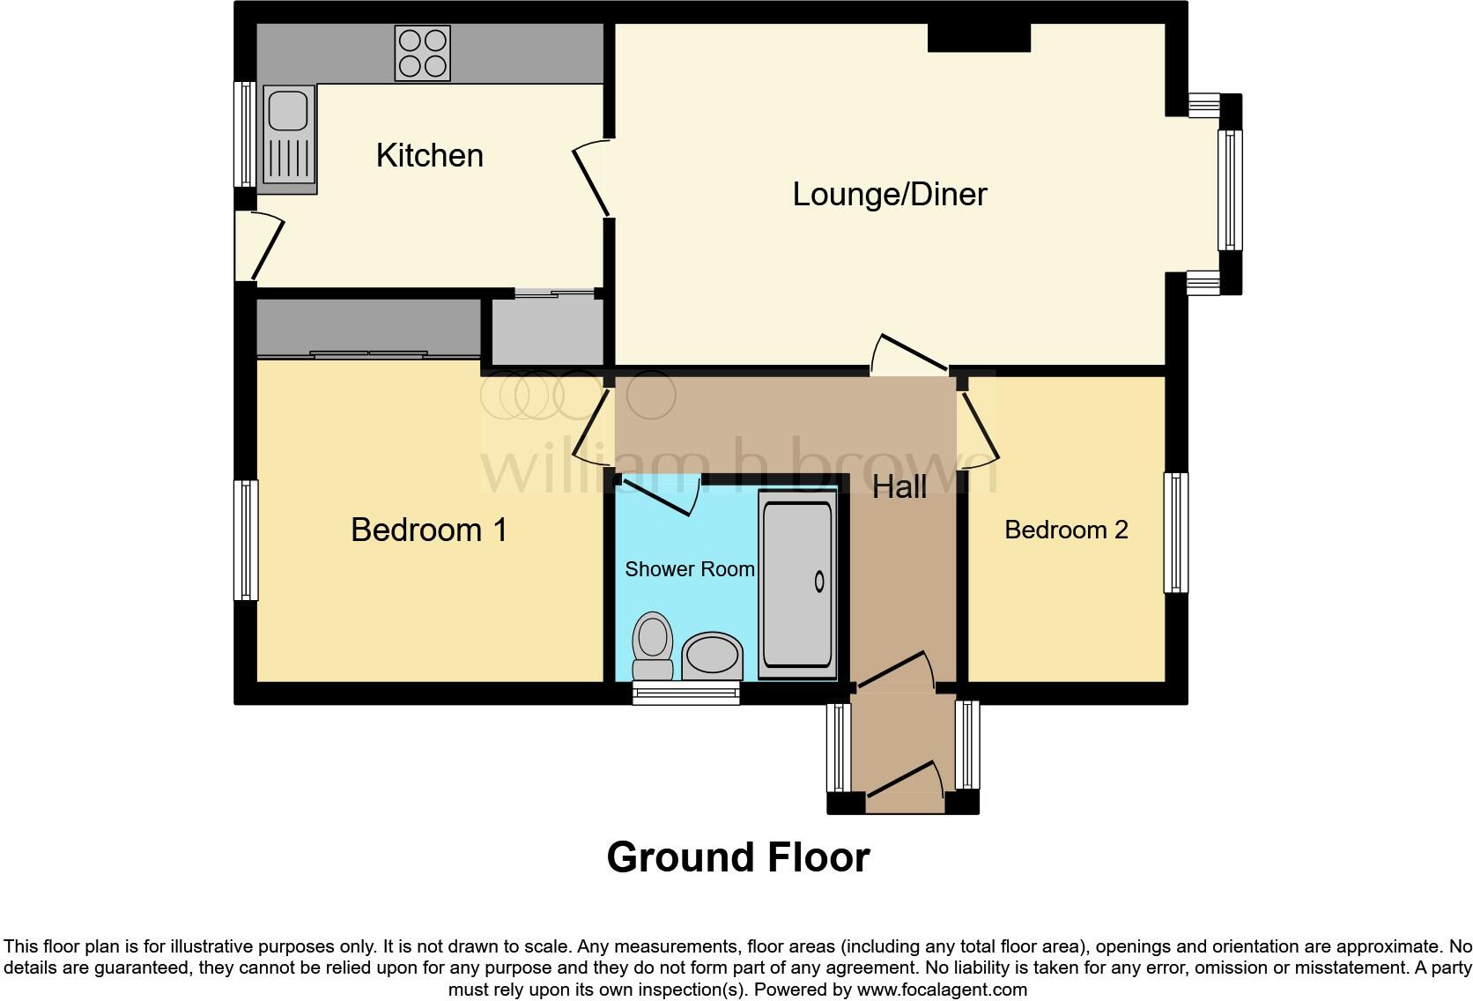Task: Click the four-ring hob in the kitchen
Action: tap(423, 53)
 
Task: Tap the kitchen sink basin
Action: tap(288, 109)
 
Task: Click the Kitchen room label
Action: tap(429, 156)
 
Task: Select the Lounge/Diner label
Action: tap(889, 194)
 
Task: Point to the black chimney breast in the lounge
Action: tap(979, 38)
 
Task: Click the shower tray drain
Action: tap(819, 582)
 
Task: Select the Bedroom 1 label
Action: tap(428, 530)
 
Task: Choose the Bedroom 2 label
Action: tap(1066, 530)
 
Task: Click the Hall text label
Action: tap(899, 486)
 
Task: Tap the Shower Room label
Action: tap(689, 569)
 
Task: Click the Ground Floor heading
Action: tap(737, 856)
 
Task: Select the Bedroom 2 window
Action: tap(1175, 532)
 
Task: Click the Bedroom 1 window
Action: tap(246, 539)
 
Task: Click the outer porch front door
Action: tap(903, 786)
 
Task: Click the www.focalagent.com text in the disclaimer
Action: tap(941, 990)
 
